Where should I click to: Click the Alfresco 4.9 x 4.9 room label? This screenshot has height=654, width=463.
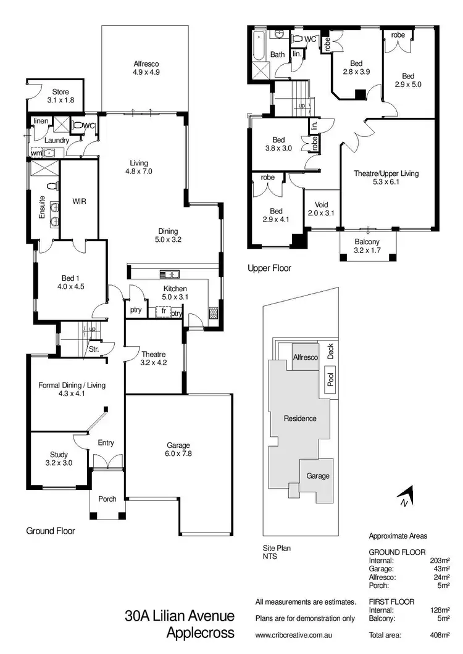[x=146, y=67]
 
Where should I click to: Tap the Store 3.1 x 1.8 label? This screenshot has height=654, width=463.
[x=60, y=96]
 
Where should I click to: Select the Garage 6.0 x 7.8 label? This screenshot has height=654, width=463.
[x=178, y=449]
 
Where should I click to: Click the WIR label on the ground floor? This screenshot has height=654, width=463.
[x=79, y=201]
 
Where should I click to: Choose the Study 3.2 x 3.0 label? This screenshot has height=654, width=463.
[x=59, y=458]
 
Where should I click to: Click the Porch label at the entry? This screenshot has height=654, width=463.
[x=107, y=499]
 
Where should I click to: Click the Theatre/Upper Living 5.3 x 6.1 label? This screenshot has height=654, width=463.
[x=386, y=178]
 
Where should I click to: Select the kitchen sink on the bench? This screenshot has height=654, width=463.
[x=169, y=274]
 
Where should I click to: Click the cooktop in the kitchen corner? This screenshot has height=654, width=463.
[x=214, y=313]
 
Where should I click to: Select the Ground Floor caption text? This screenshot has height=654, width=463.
[x=50, y=531]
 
